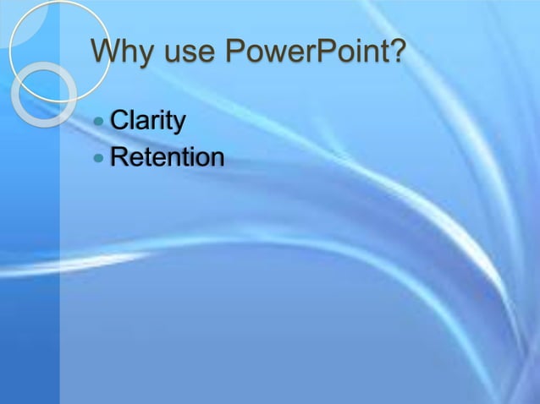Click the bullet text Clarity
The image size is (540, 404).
coord(147,122)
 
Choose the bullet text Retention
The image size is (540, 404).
coord(168,157)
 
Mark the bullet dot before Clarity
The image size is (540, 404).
coord(101,123)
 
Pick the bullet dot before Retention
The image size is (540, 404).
coord(101,158)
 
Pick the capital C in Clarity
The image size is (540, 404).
coord(120,122)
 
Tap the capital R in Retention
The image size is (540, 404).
coord(120,157)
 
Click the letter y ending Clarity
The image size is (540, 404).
coord(179,125)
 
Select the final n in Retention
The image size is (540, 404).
coord(217,159)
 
